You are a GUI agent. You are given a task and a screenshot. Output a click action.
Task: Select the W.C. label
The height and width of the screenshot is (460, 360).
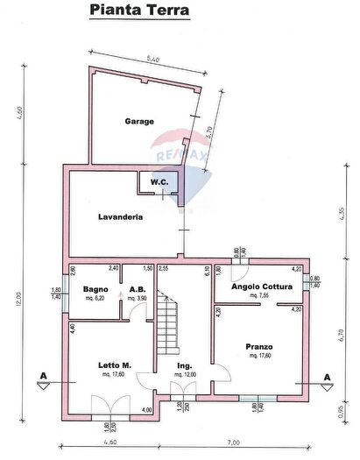159,182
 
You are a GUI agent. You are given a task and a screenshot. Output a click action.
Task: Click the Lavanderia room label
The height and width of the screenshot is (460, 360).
121,216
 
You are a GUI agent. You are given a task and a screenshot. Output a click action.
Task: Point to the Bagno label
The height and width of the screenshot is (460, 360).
95,288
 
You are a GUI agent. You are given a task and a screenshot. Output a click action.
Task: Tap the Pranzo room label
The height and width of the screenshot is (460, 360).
258,346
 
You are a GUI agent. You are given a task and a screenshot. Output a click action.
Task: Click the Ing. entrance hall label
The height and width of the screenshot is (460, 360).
184,364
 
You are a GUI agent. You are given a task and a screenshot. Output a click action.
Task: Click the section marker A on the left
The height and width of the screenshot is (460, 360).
41,377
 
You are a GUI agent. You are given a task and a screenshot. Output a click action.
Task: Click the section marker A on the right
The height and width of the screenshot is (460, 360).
327,377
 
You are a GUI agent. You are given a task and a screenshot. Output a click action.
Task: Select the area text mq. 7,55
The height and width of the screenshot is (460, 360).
258,297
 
